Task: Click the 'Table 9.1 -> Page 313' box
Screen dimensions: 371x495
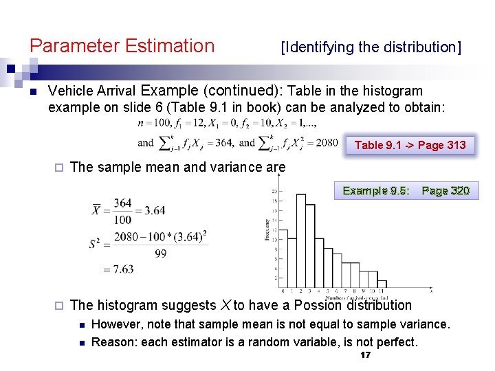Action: pos(410,145)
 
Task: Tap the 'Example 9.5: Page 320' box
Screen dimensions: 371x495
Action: pos(406,190)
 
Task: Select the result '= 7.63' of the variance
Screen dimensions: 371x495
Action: pos(118,269)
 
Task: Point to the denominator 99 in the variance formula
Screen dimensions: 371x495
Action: pos(161,254)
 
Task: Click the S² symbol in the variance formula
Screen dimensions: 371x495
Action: pos(97,244)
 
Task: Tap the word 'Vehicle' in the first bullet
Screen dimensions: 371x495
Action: pos(71,91)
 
